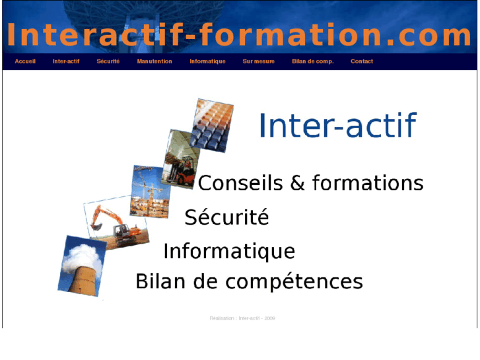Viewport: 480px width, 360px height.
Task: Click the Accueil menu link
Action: click(x=25, y=61)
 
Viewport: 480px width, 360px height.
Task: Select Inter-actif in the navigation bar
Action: click(x=66, y=61)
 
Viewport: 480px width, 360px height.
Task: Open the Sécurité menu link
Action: click(x=108, y=61)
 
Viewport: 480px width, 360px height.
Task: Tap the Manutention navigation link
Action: click(x=154, y=61)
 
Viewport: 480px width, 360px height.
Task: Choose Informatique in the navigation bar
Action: click(x=207, y=61)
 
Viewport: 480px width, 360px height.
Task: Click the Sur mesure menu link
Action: click(x=258, y=61)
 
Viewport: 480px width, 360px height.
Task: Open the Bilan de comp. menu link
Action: click(x=313, y=61)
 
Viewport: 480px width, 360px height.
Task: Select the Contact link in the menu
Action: click(x=362, y=61)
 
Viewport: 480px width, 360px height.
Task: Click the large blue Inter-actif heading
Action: click(x=337, y=126)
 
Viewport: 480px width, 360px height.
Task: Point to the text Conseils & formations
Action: click(x=310, y=183)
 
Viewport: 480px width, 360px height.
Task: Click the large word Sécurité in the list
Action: click(x=226, y=217)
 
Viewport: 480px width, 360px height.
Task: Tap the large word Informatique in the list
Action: click(x=228, y=252)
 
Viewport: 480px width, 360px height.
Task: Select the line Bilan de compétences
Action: click(x=249, y=282)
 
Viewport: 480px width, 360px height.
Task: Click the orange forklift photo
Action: click(x=180, y=158)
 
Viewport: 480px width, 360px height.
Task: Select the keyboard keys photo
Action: click(x=211, y=125)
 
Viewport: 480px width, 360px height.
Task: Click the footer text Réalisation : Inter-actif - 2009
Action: click(x=242, y=318)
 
